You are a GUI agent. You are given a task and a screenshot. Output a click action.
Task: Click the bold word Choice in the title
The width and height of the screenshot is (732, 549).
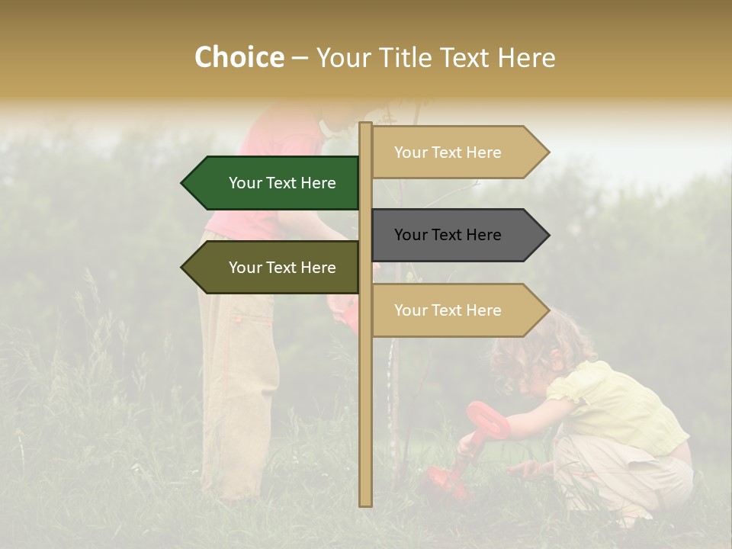click(x=239, y=58)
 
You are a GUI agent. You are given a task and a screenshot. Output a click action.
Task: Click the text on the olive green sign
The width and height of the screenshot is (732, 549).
click(x=282, y=268)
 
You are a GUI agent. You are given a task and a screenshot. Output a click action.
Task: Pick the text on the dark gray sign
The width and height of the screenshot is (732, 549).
click(x=448, y=235)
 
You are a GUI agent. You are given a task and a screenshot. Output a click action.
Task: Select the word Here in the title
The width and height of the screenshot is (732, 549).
click(x=526, y=58)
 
